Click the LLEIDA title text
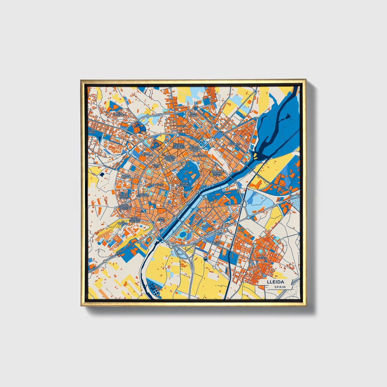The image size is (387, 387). click(x=275, y=282)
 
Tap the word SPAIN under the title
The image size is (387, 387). click(x=280, y=287)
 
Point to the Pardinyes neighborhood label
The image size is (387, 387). click(x=234, y=144)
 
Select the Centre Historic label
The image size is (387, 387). click(x=184, y=184)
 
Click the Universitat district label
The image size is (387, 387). click(x=156, y=185)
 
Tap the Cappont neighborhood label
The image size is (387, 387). click(x=206, y=226)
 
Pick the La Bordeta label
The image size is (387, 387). click(x=262, y=258)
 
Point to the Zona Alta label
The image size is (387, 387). click(x=156, y=166)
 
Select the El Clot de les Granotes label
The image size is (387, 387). click(x=178, y=146)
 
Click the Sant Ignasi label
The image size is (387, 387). click(x=161, y=219)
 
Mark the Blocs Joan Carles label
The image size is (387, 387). click(x=123, y=196)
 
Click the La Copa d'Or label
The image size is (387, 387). click(x=216, y=243)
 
